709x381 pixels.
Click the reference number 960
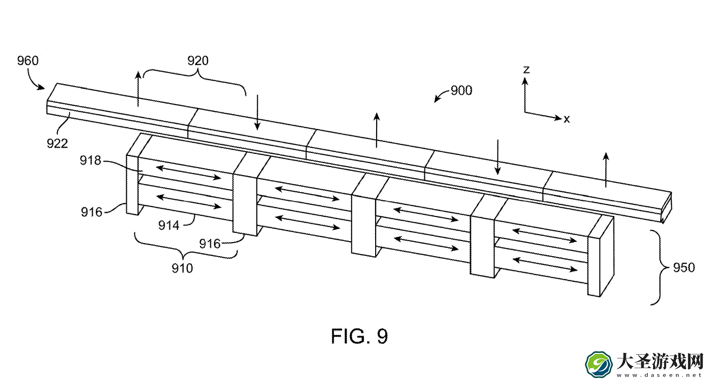pos(28,60)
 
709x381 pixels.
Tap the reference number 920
pos(198,60)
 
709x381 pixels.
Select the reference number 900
pos(461,91)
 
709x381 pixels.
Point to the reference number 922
pos(57,143)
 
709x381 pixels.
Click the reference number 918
pos(91,161)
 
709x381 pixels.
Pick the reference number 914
pos(169,225)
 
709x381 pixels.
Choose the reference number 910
pos(182,268)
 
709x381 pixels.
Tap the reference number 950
pos(684,267)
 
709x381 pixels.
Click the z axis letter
pos(526,69)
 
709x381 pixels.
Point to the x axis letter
pos(566,119)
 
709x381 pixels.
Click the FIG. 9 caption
pos(359,336)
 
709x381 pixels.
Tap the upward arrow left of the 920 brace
pos(138,89)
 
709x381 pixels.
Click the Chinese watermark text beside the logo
pos(660,362)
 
